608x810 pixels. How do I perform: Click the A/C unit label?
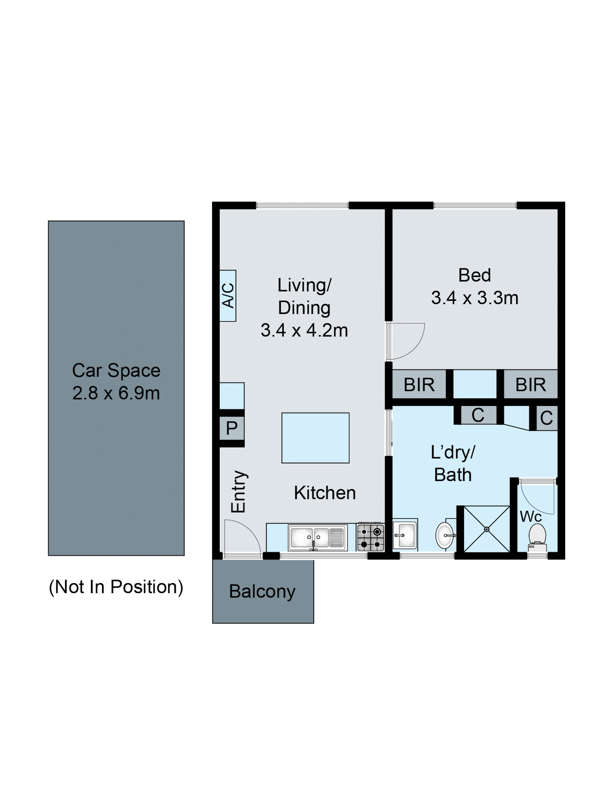[228, 296]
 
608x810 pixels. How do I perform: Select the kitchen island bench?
[315, 438]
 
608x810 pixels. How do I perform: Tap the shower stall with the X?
[486, 529]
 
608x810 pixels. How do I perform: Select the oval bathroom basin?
[444, 535]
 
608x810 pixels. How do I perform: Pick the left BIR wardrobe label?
[419, 384]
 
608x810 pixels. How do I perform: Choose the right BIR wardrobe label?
[530, 384]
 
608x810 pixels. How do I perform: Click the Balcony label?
[262, 591]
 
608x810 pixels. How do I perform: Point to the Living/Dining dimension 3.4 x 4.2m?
[304, 330]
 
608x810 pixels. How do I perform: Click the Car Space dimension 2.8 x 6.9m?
[116, 393]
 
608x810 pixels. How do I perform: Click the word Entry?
[238, 491]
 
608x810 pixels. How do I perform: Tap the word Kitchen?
[325, 493]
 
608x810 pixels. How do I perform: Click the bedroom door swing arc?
[409, 342]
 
